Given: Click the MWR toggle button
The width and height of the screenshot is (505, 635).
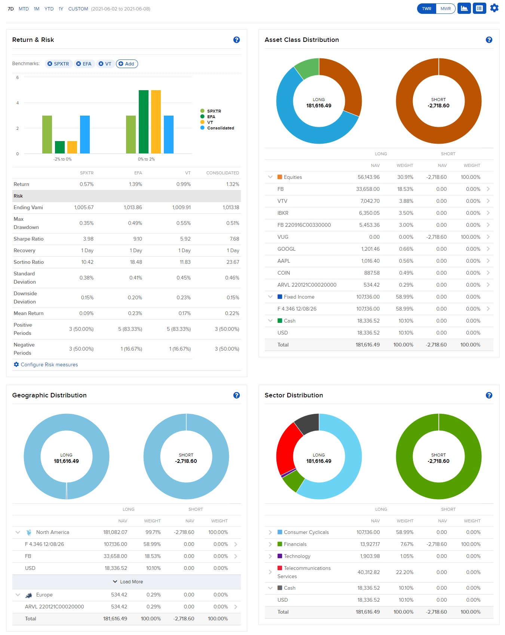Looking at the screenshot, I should [x=446, y=9].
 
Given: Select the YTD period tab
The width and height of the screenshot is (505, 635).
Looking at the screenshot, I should [x=49, y=9].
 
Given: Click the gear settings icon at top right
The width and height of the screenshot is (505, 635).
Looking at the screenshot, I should [x=494, y=8].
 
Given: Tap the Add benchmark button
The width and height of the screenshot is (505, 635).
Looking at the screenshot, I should [x=127, y=64].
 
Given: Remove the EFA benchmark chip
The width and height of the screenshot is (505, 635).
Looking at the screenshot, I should [x=79, y=64].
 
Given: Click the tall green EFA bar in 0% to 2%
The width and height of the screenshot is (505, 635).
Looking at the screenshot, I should [x=144, y=122].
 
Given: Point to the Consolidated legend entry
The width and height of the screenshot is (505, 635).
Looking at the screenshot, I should [x=220, y=128].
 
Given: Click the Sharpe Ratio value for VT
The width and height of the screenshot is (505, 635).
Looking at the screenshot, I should [x=185, y=239].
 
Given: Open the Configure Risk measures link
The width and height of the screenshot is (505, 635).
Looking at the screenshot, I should [x=49, y=364].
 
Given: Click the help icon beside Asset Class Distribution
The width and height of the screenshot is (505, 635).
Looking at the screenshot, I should [x=489, y=40].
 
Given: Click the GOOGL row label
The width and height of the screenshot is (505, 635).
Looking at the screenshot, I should [x=286, y=249].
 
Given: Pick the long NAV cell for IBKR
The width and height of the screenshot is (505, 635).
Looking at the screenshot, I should [x=369, y=213].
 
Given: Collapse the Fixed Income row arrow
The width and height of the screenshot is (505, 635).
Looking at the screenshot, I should [x=270, y=297].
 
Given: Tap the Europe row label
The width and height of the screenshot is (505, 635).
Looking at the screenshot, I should [x=44, y=595].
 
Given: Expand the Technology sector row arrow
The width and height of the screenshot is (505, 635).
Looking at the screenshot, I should [x=270, y=556].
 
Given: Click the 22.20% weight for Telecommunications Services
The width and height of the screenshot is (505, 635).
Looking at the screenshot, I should [x=404, y=572].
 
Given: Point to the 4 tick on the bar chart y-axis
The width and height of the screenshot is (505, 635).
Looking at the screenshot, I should [x=18, y=103].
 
